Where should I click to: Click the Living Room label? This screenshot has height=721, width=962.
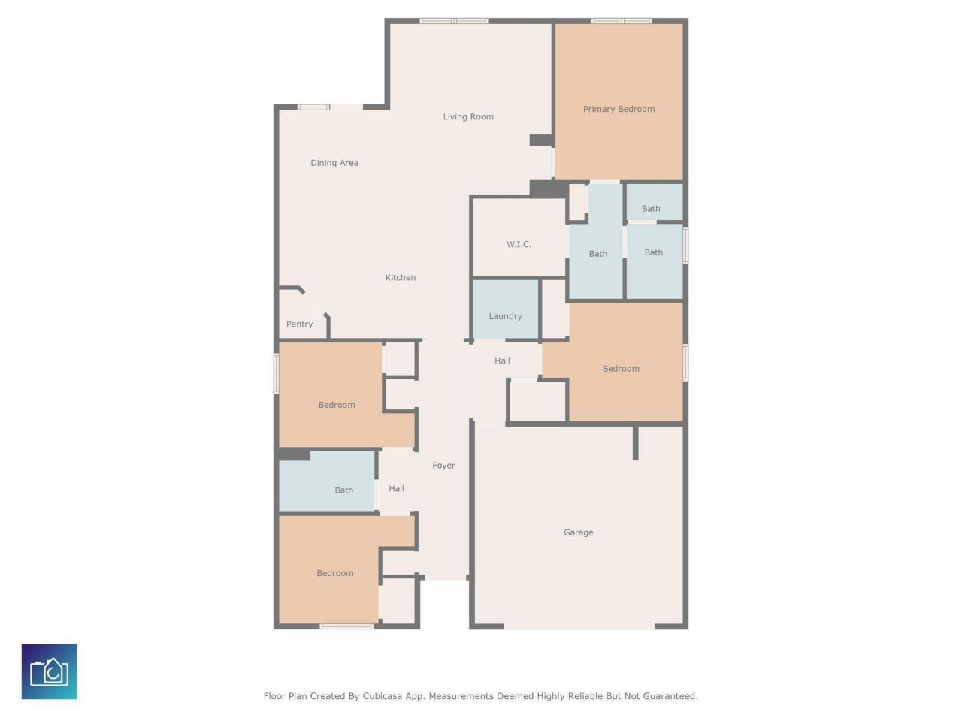[467, 117]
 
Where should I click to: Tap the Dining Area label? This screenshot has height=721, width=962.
[334, 163]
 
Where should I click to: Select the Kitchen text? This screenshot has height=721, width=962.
[400, 278]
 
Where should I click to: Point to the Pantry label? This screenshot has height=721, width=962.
[299, 324]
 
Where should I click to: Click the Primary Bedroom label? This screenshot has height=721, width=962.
[619, 110]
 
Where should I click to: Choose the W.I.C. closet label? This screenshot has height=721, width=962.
[519, 244]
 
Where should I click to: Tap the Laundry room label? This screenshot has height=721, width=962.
[505, 316]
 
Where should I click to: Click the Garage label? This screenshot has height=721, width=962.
[578, 532]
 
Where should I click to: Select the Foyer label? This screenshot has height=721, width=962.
[443, 466]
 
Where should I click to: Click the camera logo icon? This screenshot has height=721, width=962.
[49, 671]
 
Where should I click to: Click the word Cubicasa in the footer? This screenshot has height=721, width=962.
[382, 696]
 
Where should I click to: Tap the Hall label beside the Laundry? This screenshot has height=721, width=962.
[502, 361]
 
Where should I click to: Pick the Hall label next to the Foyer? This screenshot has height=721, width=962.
[396, 488]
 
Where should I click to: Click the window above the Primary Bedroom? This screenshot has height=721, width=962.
[621, 21]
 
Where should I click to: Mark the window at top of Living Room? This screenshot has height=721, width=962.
[454, 21]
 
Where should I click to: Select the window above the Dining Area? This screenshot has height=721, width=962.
[313, 107]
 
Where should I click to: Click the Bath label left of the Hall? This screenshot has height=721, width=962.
[343, 490]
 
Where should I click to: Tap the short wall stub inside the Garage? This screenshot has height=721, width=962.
[635, 443]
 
